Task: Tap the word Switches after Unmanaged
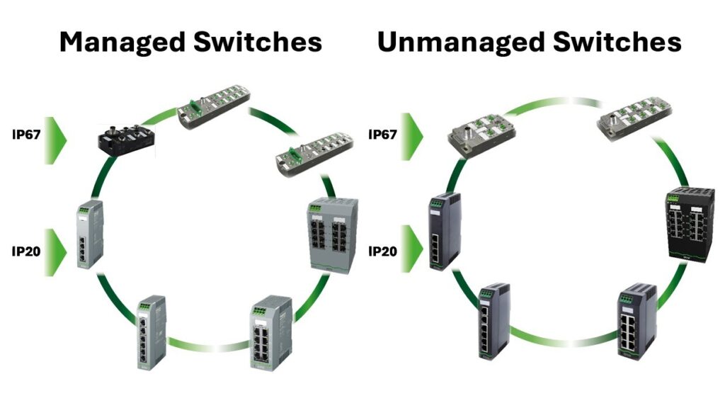[620, 42]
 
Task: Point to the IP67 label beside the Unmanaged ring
[385, 132]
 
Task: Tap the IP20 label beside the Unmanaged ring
[385, 251]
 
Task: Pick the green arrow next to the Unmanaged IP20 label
[412, 249]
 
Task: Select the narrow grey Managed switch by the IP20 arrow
[90, 235]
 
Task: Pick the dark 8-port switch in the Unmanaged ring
[636, 321]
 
